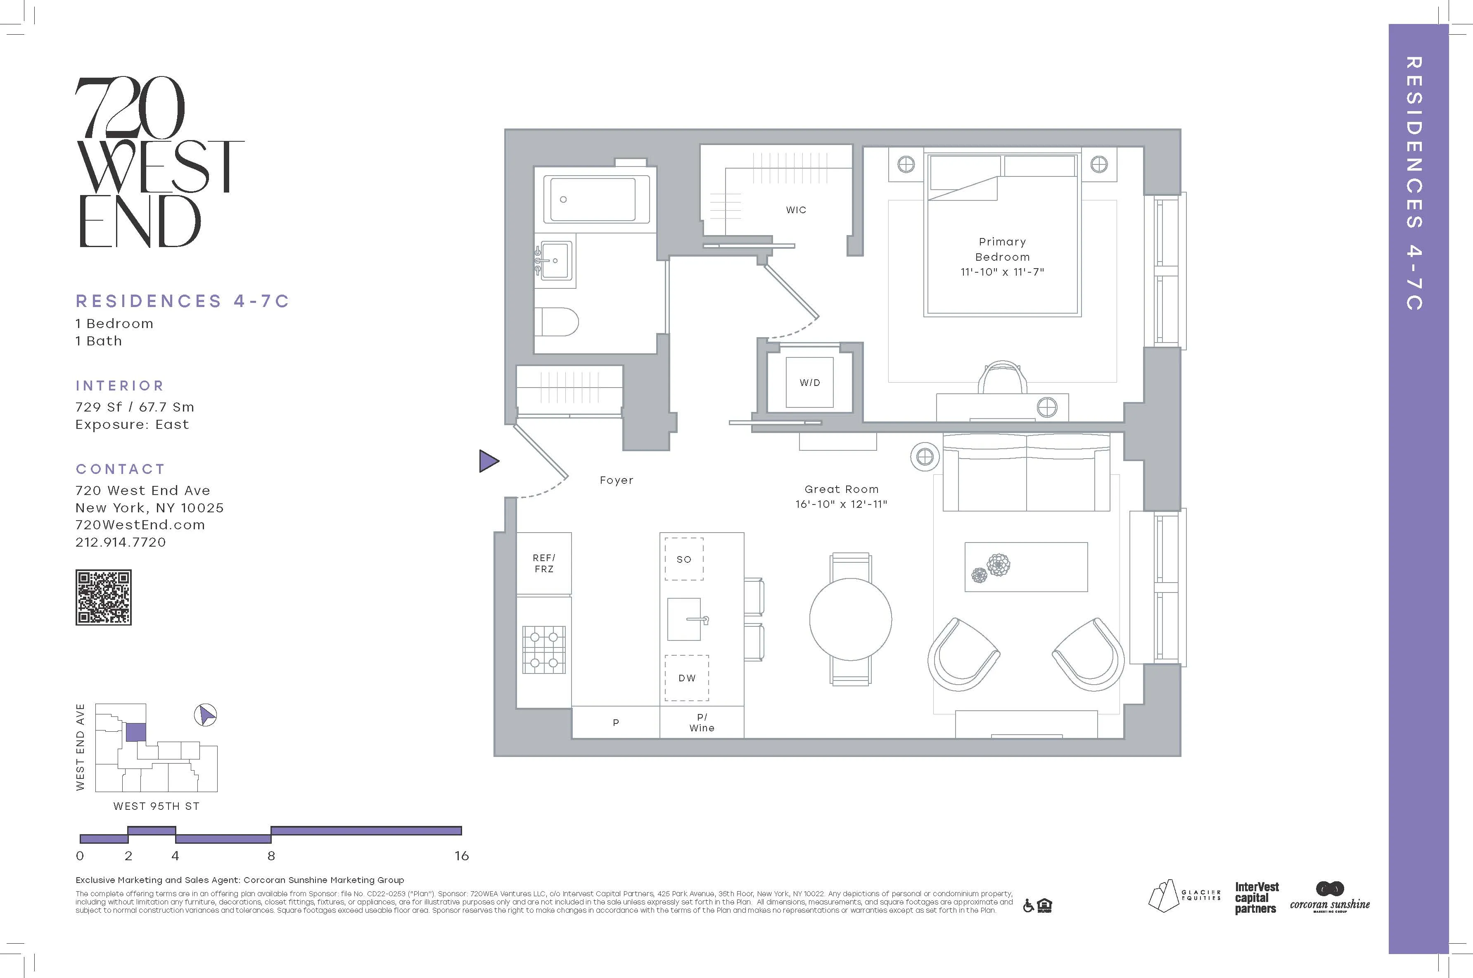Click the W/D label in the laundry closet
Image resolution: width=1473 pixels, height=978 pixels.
(x=810, y=382)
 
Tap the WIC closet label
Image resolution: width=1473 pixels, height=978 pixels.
(x=796, y=210)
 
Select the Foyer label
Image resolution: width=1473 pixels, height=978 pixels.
(x=616, y=480)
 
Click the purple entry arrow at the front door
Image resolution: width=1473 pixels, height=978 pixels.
(x=488, y=461)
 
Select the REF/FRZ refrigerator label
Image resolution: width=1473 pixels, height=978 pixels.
(x=543, y=563)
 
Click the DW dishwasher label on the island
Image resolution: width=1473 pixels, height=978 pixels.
(x=686, y=678)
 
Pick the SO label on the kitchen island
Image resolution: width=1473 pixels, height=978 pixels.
(x=684, y=559)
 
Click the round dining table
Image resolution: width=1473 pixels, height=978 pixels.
(x=850, y=619)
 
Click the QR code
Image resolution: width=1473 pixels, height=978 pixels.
(x=104, y=597)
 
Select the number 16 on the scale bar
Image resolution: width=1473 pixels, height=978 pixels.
(x=461, y=856)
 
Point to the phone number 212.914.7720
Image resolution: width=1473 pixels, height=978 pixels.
(x=121, y=542)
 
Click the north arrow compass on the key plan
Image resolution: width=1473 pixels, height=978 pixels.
(x=205, y=715)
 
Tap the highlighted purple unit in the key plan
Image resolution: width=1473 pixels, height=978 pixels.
(x=135, y=732)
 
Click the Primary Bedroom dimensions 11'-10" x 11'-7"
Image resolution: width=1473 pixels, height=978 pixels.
(x=1002, y=272)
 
